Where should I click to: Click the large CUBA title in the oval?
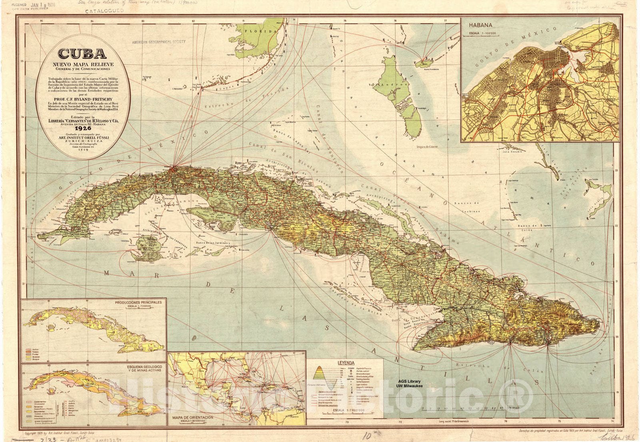click(82, 54)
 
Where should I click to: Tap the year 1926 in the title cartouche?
click(82, 129)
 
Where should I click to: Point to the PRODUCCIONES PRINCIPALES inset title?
click(138, 302)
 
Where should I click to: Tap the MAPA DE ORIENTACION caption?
click(192, 417)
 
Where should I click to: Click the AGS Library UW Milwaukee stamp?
click(410, 384)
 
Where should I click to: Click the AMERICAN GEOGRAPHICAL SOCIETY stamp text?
click(159, 42)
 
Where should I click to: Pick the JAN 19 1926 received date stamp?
click(41, 6)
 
